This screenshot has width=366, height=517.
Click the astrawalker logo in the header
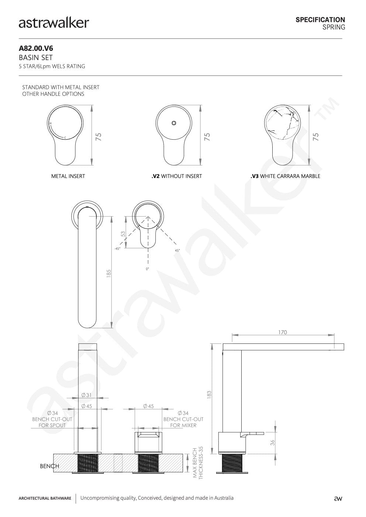(54, 23)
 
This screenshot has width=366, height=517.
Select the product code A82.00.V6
(36, 48)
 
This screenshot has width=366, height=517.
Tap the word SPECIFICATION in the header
(320, 20)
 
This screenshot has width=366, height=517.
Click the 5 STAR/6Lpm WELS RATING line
(52, 66)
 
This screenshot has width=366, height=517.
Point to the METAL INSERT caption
(68, 176)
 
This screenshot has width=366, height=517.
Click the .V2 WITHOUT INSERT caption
(177, 176)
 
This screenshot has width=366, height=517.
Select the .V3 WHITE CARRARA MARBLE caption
(285, 176)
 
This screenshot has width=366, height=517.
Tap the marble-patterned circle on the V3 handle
(282, 123)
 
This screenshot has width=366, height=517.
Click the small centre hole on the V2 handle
(174, 123)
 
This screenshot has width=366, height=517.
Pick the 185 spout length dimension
(108, 273)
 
